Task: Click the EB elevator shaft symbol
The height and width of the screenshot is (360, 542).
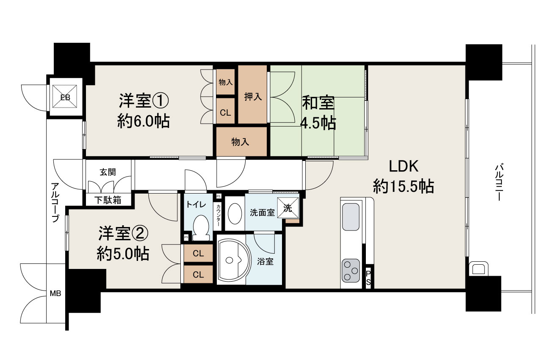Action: click(65, 96)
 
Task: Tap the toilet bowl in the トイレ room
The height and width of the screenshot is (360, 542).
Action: click(201, 228)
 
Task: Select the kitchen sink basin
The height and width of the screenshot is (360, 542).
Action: click(351, 217)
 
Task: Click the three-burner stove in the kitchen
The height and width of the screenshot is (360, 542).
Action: click(351, 271)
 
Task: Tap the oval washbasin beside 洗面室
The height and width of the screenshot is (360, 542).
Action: click(235, 213)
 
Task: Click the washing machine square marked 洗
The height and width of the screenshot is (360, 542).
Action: click(288, 208)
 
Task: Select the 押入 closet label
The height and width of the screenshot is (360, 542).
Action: click(253, 97)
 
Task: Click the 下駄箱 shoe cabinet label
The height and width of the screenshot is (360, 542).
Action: click(108, 200)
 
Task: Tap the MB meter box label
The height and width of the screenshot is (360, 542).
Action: click(55, 294)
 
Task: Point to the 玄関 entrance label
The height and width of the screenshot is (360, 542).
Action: click(108, 172)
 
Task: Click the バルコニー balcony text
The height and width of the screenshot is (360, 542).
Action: click(499, 183)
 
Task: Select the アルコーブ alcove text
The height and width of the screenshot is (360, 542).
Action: click(55, 202)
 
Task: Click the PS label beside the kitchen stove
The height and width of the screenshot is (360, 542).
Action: click(368, 278)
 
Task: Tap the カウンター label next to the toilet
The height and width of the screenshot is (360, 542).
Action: click(218, 215)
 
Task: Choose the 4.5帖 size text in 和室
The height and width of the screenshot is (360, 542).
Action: click(318, 123)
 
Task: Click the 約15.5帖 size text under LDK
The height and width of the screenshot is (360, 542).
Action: click(404, 186)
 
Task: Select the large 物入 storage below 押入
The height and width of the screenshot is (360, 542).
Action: click(241, 141)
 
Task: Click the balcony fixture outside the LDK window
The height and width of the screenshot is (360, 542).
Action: click(478, 268)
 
